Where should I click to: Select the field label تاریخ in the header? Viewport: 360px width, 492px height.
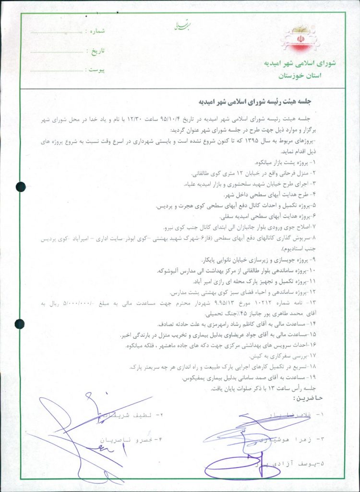click(95, 50)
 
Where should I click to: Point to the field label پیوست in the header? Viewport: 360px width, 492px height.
click(95, 70)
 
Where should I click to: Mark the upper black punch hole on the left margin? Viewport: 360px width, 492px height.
click(21, 187)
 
